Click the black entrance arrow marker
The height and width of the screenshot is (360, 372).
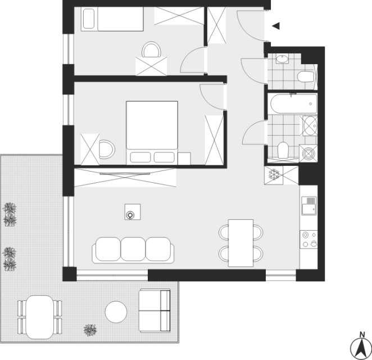pos(276,26)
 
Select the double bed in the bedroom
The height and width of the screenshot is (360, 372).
pos(152,133)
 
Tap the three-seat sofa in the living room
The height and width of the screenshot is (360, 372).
pos(133,250)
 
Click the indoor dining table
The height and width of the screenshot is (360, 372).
pos(241,243)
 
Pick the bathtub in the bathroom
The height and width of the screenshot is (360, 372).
pos(293,103)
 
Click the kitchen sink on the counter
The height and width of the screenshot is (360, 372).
pos(309,206)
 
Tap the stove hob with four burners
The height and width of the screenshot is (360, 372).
pos(309,240)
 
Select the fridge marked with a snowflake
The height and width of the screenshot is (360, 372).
pos(274,175)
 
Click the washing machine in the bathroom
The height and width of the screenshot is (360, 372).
pos(308,154)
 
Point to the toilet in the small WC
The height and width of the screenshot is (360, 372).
pos(306,76)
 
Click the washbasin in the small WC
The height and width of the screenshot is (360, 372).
pos(282,58)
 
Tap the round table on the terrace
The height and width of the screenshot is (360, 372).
pos(116,312)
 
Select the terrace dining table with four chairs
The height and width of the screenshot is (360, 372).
pos(40,317)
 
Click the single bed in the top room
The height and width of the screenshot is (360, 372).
pos(112,19)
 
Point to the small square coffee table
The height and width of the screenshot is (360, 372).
pos(133,211)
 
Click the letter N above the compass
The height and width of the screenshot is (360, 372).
pos(362,335)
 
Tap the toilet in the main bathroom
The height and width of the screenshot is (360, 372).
pos(283,150)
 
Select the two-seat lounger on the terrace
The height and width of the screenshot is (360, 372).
pos(155,310)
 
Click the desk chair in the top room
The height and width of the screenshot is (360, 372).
pos(151,49)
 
